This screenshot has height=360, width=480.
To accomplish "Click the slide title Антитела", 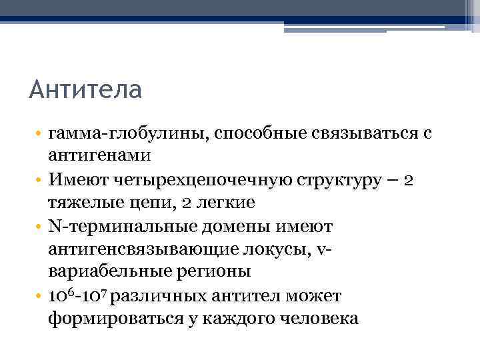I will tap(85, 89).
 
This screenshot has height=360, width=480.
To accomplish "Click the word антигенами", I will tap(100, 156).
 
